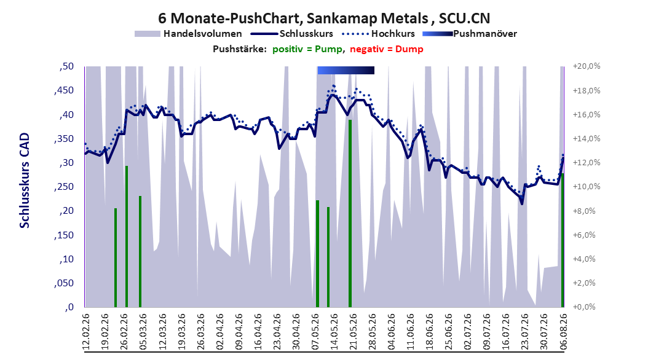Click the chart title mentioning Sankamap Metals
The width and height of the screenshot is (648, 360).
(324, 18)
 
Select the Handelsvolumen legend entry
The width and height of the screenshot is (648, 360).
(189, 34)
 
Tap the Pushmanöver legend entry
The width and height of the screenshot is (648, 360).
(470, 34)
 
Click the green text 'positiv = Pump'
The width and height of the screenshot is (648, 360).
(307, 49)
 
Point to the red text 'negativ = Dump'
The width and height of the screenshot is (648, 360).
(387, 49)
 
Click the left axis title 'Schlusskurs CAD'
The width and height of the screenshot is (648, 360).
(25, 181)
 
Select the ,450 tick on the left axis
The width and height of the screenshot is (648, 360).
(64, 90)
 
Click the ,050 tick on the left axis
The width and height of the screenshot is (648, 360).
(64, 283)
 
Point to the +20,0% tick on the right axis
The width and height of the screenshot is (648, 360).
(587, 66)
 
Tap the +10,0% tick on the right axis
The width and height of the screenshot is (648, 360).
(587, 187)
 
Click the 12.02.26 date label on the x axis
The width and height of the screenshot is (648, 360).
(85, 332)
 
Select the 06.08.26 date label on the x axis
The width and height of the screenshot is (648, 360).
(563, 332)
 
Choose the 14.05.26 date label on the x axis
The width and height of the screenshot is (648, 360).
(333, 332)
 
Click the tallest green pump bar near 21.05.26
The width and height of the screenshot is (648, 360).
(350, 213)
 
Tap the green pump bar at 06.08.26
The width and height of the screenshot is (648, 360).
(562, 240)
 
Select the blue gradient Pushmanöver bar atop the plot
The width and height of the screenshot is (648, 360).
(346, 71)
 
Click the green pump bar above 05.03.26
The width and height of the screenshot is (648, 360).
(140, 251)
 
